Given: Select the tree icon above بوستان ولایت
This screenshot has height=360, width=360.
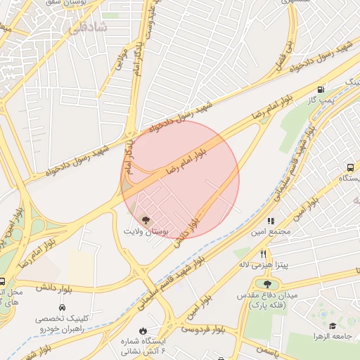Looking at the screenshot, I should click(146, 220).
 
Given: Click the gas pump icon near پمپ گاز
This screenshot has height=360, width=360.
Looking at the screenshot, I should click(321, 89).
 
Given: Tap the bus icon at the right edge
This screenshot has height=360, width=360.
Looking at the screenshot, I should click(350, 167).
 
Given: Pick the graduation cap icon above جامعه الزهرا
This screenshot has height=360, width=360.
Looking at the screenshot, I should click(333, 326).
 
